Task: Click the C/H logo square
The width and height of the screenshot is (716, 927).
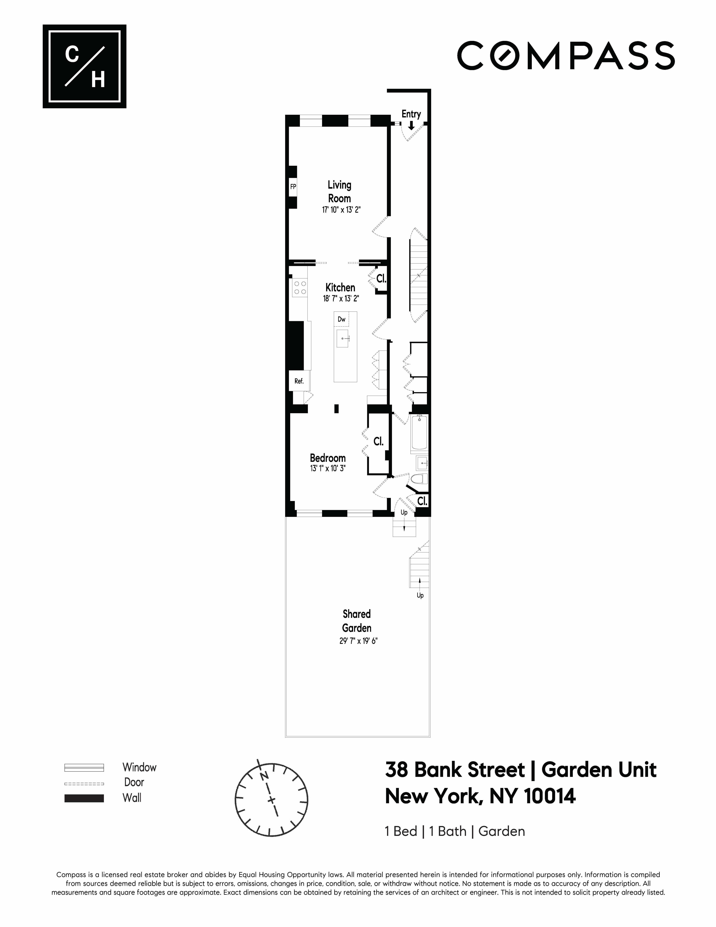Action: [84, 66]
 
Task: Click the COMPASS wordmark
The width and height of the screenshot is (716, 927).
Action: [565, 56]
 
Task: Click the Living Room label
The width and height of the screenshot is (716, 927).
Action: [339, 191]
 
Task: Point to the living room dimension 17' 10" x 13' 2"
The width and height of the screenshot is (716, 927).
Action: [341, 210]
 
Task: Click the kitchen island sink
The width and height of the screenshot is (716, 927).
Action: [343, 338]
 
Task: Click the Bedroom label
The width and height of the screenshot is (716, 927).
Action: [327, 458]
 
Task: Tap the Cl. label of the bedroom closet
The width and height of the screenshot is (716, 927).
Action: [378, 441]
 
